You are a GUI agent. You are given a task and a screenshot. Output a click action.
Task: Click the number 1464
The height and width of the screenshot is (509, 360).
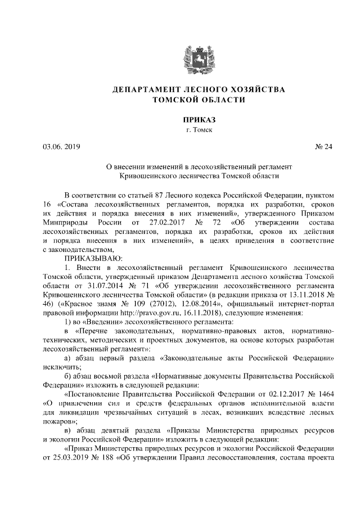327,394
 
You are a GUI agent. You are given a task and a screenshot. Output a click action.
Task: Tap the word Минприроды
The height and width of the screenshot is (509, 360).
67,221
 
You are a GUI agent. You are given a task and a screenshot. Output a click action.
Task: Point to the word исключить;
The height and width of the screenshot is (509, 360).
62,367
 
